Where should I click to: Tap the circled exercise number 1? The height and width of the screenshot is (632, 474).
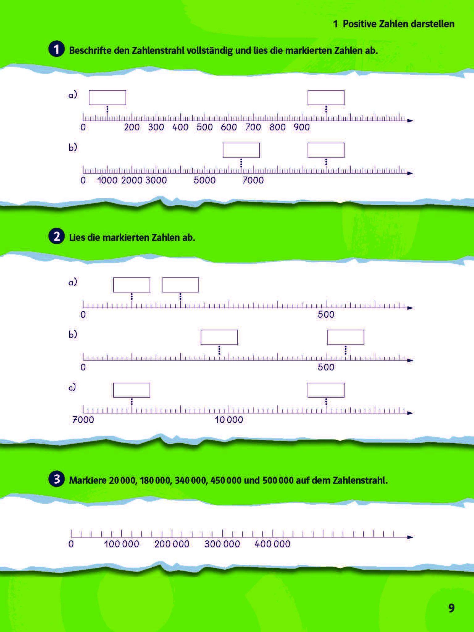pos(56,50)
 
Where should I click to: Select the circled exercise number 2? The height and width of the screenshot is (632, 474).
pos(56,237)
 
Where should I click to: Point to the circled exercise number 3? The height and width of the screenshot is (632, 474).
pos(56,480)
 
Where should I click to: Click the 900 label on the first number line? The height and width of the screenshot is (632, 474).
pos(302,127)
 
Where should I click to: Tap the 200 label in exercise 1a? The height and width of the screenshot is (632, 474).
pos(132,127)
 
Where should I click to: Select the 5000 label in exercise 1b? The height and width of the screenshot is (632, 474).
pos(205,180)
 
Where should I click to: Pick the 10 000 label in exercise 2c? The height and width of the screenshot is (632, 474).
pos(229,420)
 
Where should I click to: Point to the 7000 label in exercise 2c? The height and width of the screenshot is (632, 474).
pos(83,420)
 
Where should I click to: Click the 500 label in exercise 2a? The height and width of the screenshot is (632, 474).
pos(326,315)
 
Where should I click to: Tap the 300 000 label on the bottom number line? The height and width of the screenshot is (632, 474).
pos(222,544)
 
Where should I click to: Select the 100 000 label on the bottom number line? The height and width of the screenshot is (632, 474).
pos(121,544)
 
